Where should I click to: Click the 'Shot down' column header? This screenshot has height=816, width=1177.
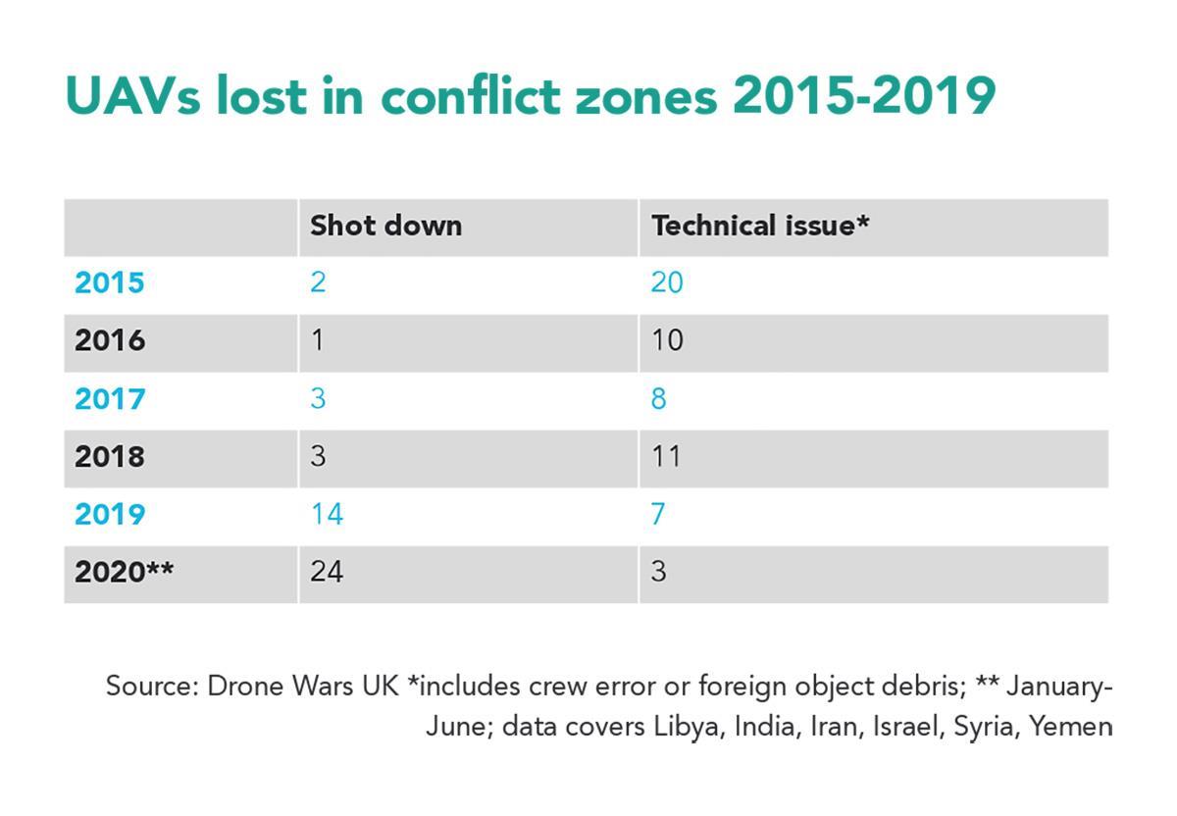[x=385, y=226]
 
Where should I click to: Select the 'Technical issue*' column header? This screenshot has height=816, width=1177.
[x=760, y=226]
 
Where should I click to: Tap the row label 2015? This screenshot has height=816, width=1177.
[x=109, y=283]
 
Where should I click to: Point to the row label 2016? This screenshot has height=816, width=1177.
[x=109, y=341]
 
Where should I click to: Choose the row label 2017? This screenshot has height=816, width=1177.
[x=109, y=399]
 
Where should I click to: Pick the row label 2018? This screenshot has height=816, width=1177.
[x=109, y=457]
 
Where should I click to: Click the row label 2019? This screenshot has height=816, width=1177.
[x=109, y=515]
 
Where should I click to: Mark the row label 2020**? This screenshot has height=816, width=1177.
[x=124, y=572]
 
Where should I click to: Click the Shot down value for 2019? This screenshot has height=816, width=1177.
[x=327, y=514]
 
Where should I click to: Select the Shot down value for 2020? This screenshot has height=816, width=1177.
[x=327, y=572]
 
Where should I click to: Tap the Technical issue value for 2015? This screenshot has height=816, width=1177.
[x=667, y=283]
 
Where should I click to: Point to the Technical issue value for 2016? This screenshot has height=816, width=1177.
[x=667, y=341]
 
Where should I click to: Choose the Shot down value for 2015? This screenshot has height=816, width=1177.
[x=318, y=283]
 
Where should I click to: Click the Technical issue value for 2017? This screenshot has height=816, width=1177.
[x=658, y=399]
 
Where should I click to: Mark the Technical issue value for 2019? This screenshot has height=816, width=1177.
[x=658, y=514]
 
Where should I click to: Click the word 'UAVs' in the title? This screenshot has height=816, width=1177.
[x=131, y=96]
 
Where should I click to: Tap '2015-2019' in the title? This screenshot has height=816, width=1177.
[x=863, y=96]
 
